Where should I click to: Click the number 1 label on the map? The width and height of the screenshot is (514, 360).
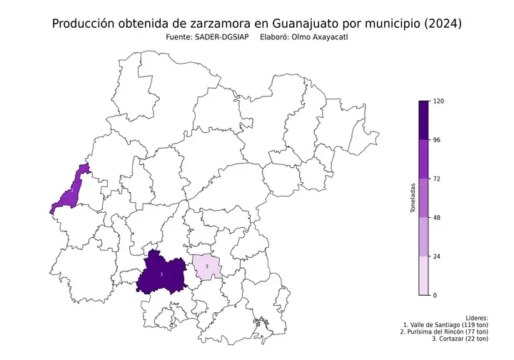[x=161, y=274]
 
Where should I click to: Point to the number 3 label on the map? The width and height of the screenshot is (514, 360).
[x=206, y=266]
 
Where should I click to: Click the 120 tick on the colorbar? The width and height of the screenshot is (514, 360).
[x=439, y=101]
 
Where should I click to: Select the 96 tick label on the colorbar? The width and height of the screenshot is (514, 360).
[x=438, y=140]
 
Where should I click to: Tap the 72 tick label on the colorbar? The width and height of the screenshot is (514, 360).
[x=438, y=179]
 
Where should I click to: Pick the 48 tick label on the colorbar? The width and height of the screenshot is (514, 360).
[x=438, y=217]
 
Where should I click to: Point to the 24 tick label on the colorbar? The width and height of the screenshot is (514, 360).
[x=438, y=256]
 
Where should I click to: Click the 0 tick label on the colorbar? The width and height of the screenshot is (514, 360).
[x=435, y=294]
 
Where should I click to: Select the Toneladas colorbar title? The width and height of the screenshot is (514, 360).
[x=413, y=199]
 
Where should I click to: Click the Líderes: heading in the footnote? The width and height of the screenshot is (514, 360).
[x=475, y=316]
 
